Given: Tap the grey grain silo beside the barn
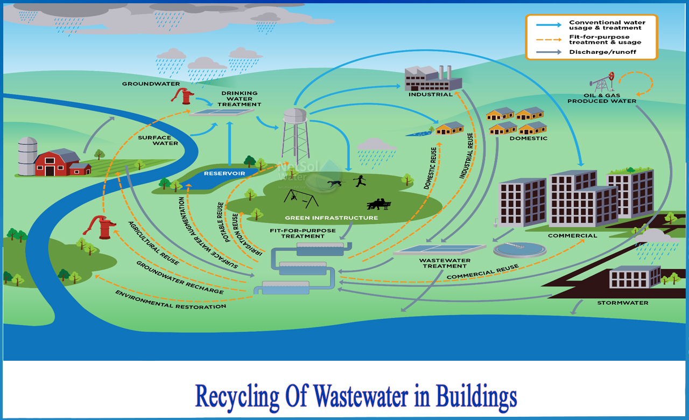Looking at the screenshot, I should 27,156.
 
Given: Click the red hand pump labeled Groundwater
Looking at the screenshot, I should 184,96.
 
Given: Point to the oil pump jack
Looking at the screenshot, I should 603,83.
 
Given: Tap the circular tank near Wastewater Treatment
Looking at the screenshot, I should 519,249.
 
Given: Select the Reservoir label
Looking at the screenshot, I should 224,174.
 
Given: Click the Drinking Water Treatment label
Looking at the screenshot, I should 240,99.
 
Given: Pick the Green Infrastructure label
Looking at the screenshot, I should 331,218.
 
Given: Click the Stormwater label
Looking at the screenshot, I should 622,303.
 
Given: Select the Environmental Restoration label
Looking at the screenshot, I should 171,299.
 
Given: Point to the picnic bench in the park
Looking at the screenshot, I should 379,204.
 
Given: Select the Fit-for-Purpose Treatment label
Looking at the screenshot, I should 303,233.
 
